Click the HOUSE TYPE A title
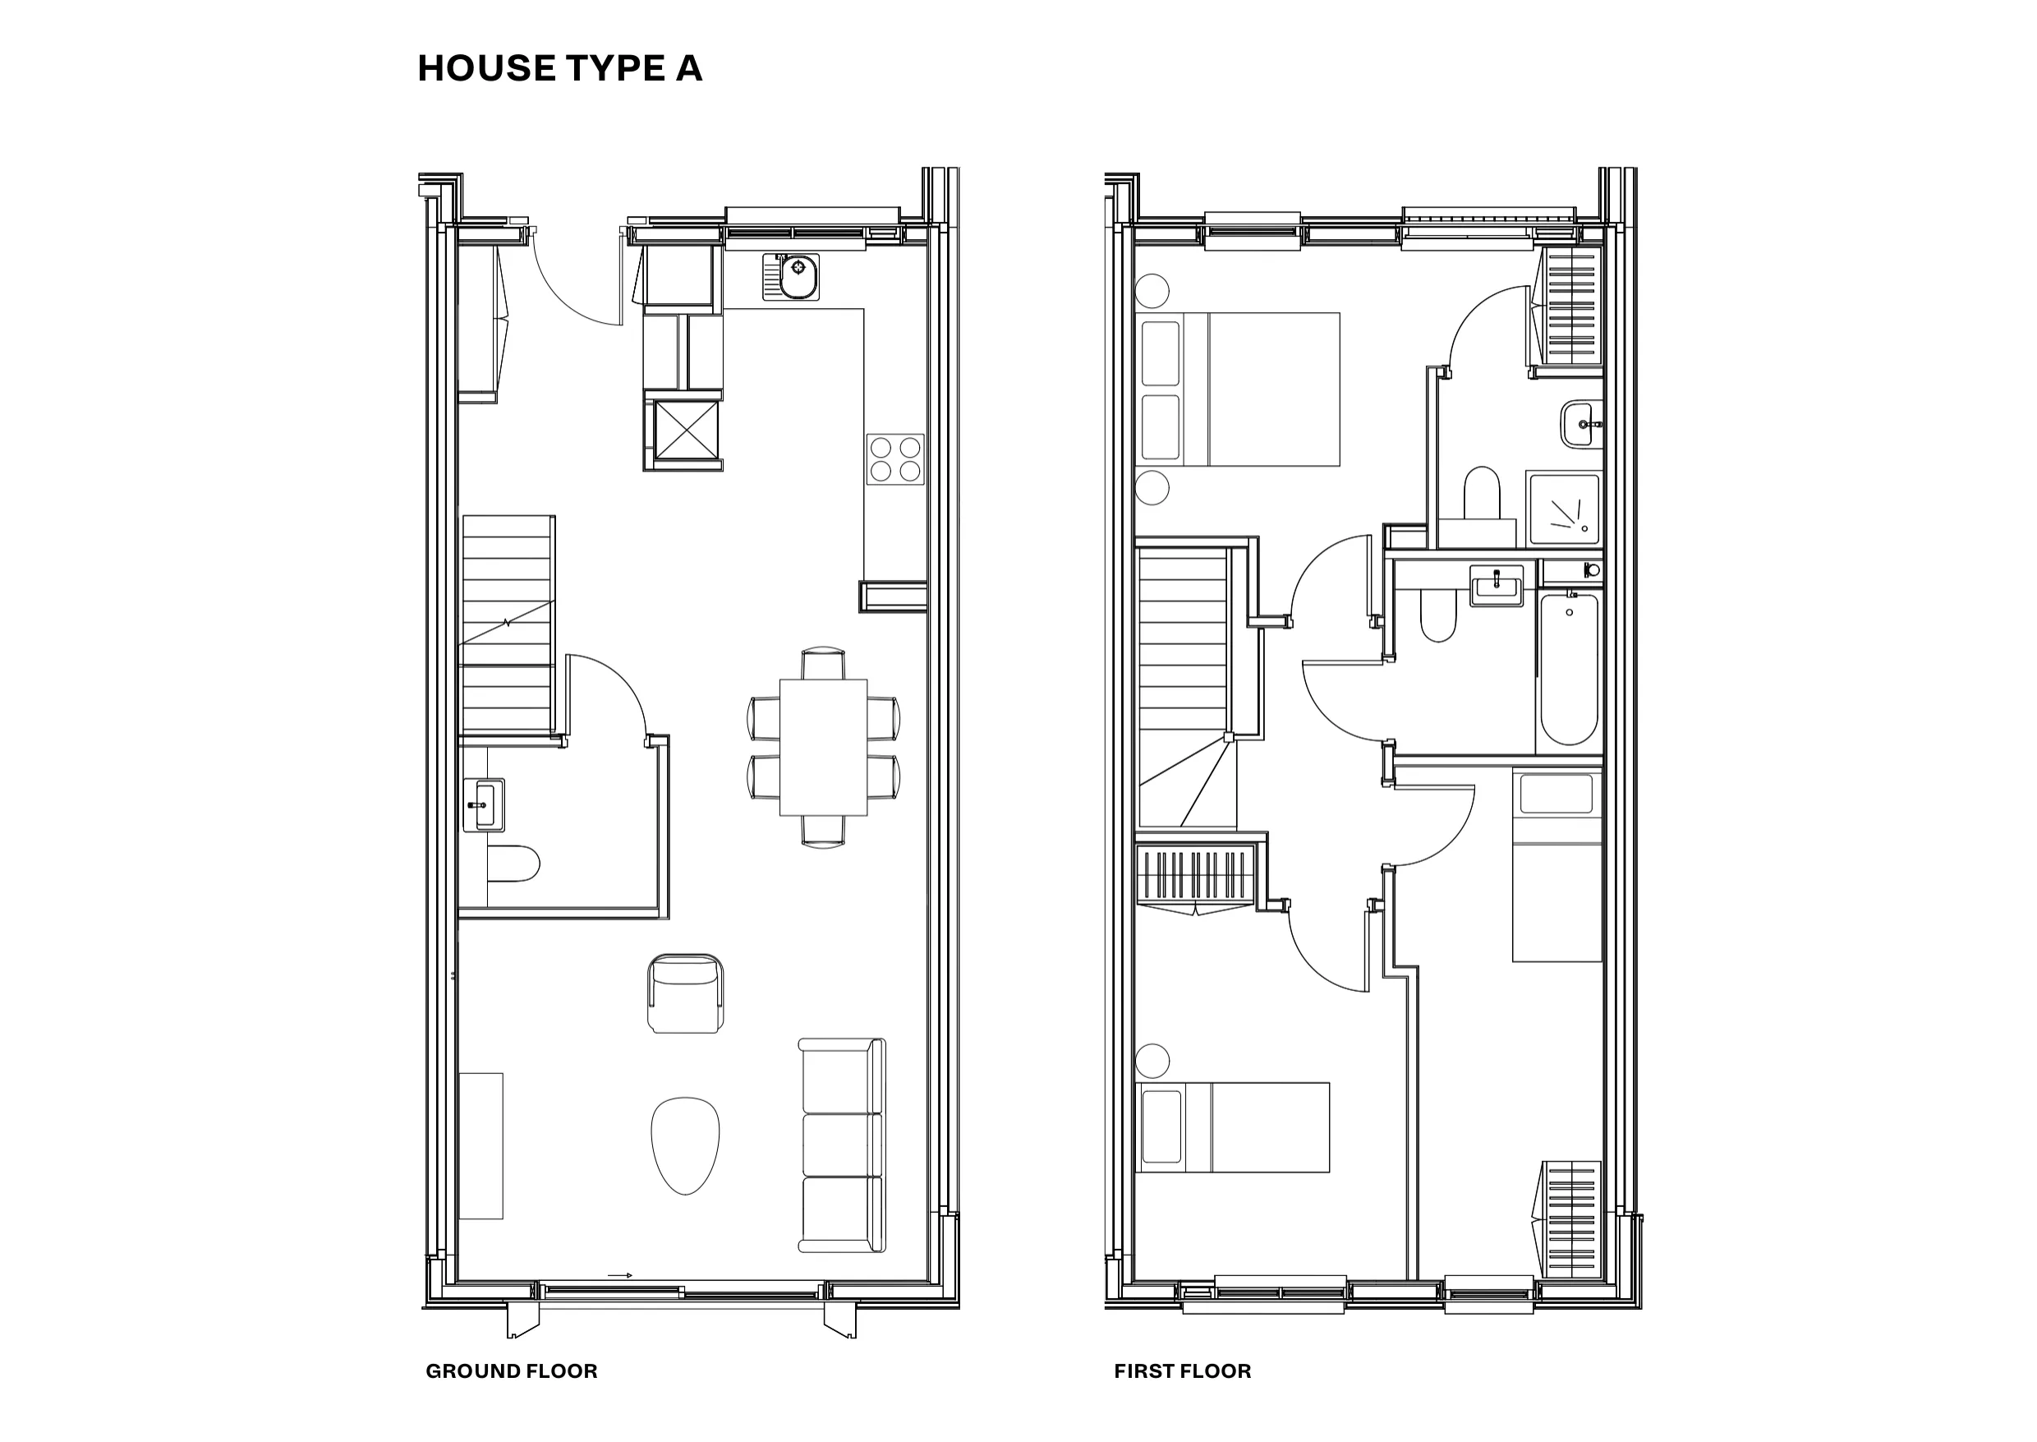tap(559, 68)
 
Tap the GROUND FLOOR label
tap(511, 1371)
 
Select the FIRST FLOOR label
tap(1182, 1371)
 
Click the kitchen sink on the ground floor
tap(791, 277)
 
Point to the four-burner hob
tap(895, 459)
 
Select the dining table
tap(824, 748)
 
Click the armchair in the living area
tap(685, 993)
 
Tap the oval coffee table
tap(685, 1145)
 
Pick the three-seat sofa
tap(842, 1145)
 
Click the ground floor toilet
tap(513, 864)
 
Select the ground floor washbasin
tap(484, 805)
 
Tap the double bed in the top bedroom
tap(1237, 389)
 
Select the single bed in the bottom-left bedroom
tap(1232, 1127)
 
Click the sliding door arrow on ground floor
tap(619, 1276)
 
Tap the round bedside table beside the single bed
tap(1152, 1059)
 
